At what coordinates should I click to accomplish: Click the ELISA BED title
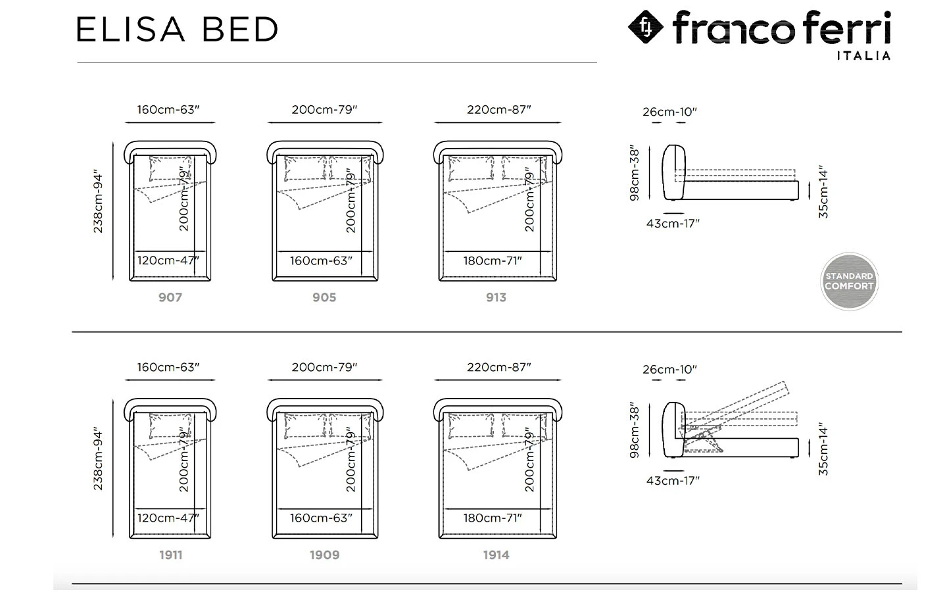[177, 29]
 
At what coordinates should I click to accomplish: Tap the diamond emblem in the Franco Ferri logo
[646, 26]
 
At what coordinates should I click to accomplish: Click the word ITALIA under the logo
[863, 55]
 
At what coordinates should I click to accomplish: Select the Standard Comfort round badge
[850, 282]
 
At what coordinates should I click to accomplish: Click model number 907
[170, 297]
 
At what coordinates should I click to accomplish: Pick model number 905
[324, 297]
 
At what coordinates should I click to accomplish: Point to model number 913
[496, 297]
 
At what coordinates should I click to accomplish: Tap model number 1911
[171, 555]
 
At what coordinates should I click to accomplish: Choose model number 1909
[325, 555]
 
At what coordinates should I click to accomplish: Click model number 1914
[497, 555]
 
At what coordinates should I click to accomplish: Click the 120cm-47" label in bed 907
[168, 260]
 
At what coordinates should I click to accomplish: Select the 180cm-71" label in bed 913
[493, 260]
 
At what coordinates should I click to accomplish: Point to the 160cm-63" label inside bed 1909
[321, 518]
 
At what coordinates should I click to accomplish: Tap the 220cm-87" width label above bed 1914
[499, 367]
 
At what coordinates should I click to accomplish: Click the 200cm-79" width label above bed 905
[324, 109]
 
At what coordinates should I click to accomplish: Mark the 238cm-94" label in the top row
[98, 201]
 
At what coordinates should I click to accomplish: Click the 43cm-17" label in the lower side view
[673, 480]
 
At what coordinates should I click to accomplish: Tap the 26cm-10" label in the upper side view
[669, 112]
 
